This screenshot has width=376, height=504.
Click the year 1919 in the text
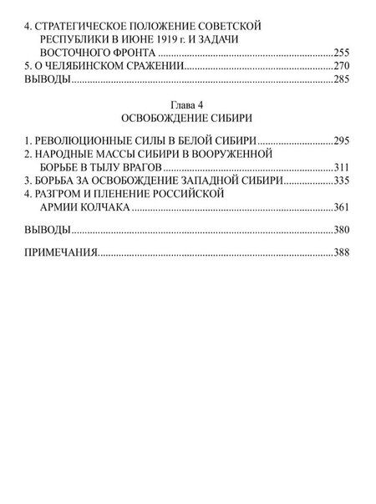pyautogui.click(x=165, y=38)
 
